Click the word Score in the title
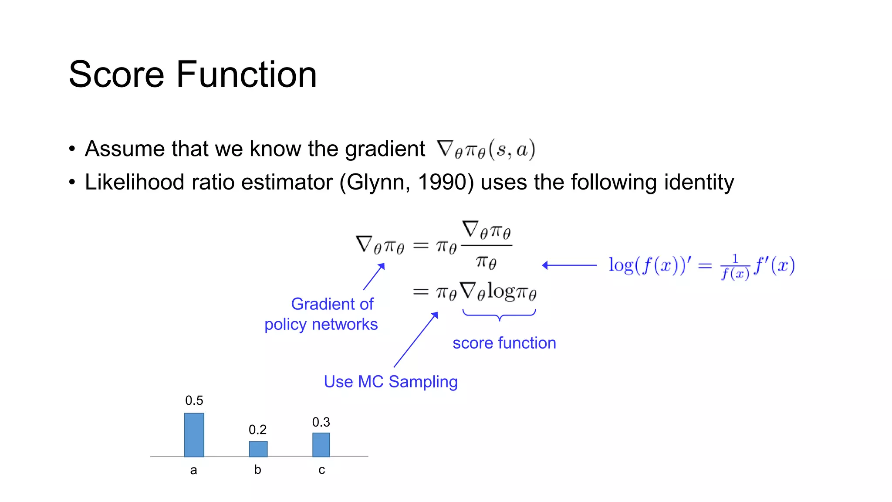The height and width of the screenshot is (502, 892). click(116, 75)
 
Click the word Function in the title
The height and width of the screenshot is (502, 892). click(247, 75)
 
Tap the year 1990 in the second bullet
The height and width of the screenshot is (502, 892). click(443, 182)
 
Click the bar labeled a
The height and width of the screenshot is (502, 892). click(194, 434)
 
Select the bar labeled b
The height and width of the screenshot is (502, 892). click(258, 449)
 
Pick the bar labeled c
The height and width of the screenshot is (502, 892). click(321, 444)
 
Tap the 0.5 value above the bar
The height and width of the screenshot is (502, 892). click(194, 400)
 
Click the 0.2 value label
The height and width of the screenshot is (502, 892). click(257, 430)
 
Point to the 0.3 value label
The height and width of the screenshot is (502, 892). click(321, 422)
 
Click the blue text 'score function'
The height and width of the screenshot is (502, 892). click(504, 343)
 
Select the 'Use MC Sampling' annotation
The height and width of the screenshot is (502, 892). click(390, 382)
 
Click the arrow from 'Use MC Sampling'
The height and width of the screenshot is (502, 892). click(416, 340)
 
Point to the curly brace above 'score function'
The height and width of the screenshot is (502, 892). click(499, 314)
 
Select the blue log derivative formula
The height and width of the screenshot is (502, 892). click(701, 266)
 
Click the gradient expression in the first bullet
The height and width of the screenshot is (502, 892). click(486, 149)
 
